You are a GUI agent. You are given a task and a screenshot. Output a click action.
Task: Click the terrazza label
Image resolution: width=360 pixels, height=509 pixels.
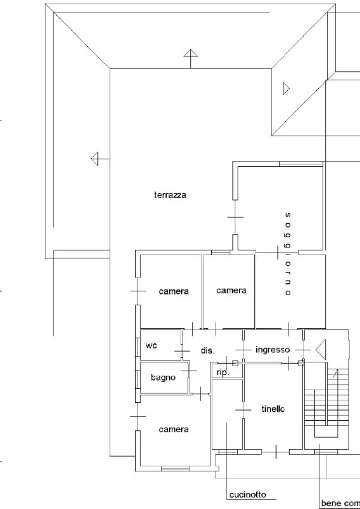170,195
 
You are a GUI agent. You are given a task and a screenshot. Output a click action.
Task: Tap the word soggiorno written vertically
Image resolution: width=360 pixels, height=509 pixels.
287,254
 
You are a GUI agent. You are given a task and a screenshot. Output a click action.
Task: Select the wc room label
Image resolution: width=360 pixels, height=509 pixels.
151,346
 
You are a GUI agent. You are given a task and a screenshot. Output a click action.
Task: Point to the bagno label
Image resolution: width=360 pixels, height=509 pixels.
163,378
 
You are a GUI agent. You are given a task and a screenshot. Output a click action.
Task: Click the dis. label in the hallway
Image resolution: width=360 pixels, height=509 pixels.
208,351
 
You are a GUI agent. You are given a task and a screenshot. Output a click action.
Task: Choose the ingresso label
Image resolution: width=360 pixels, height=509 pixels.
272,350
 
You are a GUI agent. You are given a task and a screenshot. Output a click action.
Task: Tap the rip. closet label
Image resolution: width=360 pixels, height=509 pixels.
223,373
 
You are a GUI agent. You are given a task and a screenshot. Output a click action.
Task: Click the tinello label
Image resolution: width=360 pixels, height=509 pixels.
273,409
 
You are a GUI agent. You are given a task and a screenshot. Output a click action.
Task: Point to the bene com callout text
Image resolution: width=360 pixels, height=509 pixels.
340,503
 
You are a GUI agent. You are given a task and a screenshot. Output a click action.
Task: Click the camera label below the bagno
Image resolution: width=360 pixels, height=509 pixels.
173,430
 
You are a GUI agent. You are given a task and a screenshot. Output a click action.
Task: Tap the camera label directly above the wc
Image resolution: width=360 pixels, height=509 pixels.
173,292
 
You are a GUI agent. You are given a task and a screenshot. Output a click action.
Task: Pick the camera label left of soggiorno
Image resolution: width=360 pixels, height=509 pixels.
231,291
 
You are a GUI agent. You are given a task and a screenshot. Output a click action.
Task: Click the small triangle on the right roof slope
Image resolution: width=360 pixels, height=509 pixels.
286,88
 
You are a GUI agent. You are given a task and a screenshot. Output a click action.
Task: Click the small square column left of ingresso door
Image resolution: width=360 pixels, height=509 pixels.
235,363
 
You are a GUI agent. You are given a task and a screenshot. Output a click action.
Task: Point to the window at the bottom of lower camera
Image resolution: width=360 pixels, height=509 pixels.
175,469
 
